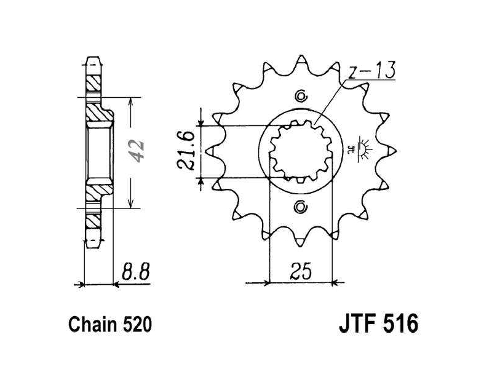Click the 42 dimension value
pos(137,151)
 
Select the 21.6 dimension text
pos(186,150)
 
